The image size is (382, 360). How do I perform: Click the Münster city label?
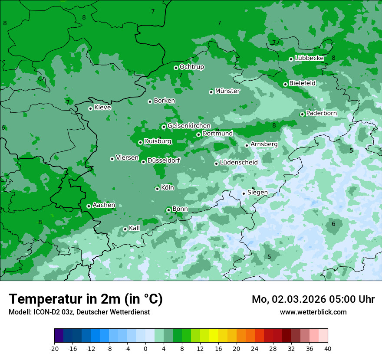(x=227, y=91)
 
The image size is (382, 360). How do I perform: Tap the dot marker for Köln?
(x=157, y=189)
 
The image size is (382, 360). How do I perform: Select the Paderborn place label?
(x=321, y=113)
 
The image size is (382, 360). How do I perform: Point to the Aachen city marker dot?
(x=89, y=206)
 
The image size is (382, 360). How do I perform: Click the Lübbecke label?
(x=309, y=58)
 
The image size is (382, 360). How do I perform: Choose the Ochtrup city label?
(x=191, y=67)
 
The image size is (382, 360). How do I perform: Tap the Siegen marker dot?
(x=244, y=193)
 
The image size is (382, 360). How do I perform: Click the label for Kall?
(x=134, y=228)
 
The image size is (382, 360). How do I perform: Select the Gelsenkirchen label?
(x=189, y=126)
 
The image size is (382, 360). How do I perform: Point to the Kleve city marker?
(x=90, y=108)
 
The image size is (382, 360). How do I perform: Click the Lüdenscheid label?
(x=238, y=163)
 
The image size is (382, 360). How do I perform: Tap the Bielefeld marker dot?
(x=285, y=84)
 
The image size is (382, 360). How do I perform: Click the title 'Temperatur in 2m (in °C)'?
(x=86, y=299)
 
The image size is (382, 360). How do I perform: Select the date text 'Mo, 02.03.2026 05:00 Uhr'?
(x=313, y=299)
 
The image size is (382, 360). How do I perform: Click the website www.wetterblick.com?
(x=313, y=312)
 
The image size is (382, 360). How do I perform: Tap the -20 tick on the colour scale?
(x=54, y=349)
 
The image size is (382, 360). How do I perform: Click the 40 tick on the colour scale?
(x=328, y=349)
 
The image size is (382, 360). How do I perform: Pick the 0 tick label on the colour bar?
(x=145, y=349)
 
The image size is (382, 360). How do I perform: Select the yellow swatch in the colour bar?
(x=214, y=336)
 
